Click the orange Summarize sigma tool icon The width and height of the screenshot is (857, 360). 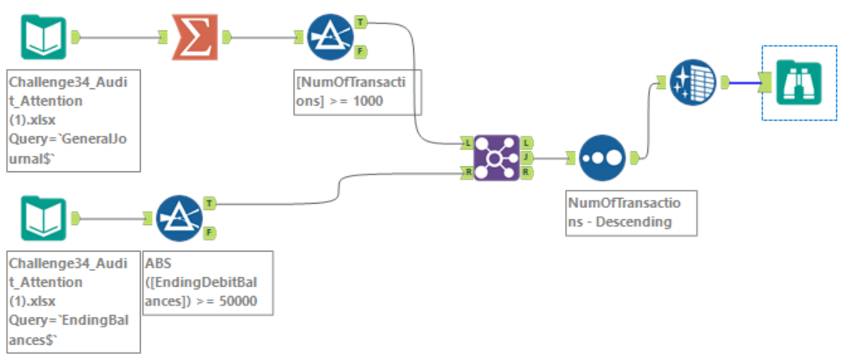195,37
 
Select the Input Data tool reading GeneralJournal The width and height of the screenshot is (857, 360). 44,37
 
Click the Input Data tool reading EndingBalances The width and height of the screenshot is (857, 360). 44,218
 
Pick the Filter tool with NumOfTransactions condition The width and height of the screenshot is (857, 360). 331,37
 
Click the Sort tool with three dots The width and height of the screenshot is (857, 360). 602,158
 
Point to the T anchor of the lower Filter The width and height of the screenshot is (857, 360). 209,203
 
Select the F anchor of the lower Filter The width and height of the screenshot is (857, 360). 209,233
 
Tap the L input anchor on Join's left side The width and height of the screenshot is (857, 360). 466,143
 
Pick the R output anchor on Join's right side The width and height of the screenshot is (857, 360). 525,173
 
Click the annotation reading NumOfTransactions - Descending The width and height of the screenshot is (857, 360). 630,213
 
